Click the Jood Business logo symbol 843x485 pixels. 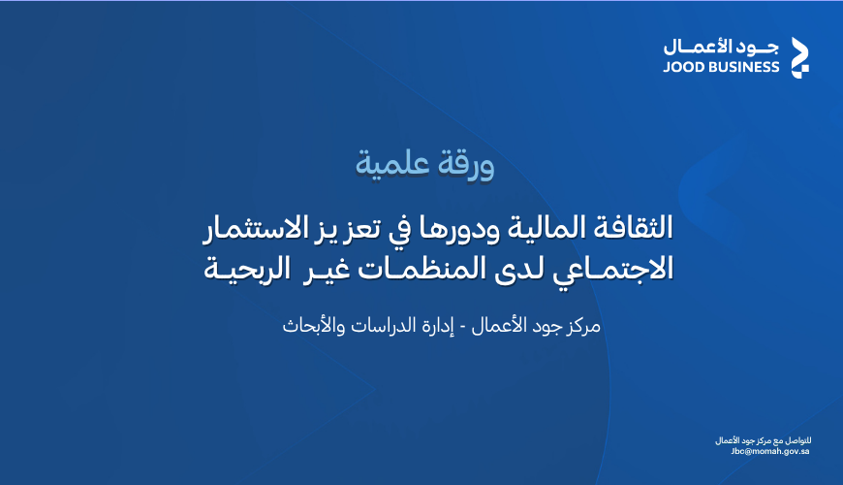click(799, 57)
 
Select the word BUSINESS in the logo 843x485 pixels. click(743, 67)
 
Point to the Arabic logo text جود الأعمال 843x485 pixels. click(721, 47)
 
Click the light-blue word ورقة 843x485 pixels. click(465, 163)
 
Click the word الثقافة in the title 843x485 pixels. click(632, 227)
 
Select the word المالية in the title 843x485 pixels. click(546, 227)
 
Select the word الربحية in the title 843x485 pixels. click(248, 270)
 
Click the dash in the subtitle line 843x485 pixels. click(462, 328)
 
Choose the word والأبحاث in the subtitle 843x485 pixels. click(314, 326)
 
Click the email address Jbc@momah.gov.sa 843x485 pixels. click(770, 451)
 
